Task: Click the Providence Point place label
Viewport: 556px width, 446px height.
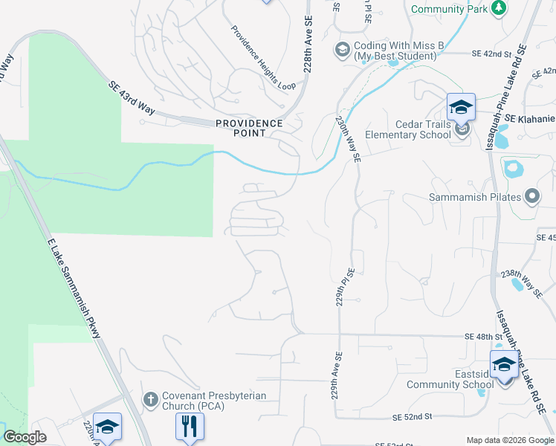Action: (249, 128)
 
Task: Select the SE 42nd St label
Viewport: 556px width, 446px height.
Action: (492, 54)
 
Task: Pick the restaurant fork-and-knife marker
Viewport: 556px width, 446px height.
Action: (189, 427)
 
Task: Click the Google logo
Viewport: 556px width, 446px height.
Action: (25, 437)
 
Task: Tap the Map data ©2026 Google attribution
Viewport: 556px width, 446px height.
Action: (509, 440)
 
